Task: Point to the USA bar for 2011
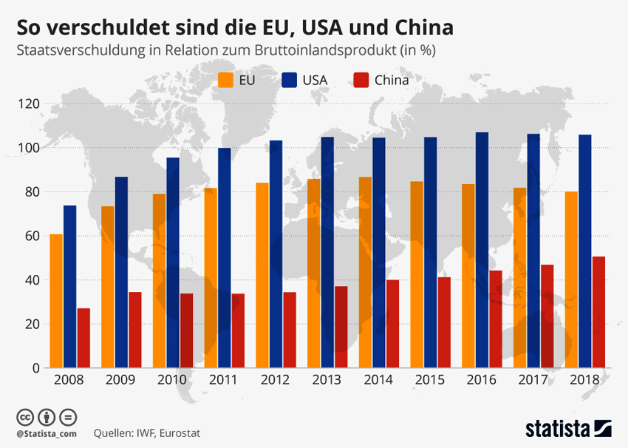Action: (x=224, y=258)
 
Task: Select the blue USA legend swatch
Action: (x=290, y=80)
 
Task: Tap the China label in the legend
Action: (x=391, y=80)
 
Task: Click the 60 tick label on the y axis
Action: (x=32, y=236)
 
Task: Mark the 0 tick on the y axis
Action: (x=35, y=367)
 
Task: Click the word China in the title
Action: (x=417, y=28)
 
